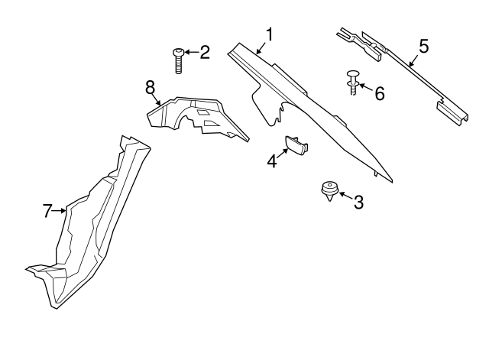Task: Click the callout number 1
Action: tap(269, 34)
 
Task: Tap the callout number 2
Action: tap(205, 52)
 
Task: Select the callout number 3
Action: tap(358, 202)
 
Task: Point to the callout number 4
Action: tap(272, 161)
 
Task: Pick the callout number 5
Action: tap(424, 46)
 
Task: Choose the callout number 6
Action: tap(380, 93)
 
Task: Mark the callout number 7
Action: tap(47, 211)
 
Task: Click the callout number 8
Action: tap(151, 87)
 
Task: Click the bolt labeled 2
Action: tap(178, 61)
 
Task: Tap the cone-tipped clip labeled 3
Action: tap(329, 191)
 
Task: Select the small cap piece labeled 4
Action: tap(296, 145)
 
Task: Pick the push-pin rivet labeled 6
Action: tap(353, 83)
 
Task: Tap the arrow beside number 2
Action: tap(192, 52)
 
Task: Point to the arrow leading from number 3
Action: tap(346, 196)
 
